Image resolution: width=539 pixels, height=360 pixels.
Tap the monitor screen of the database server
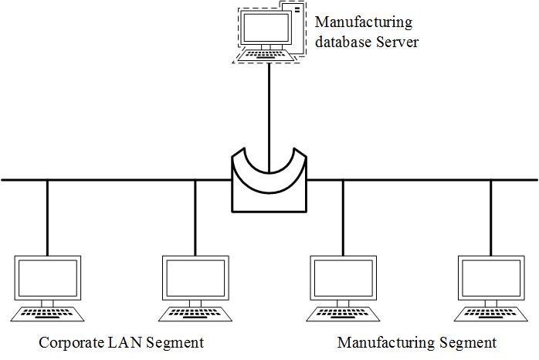point(265,29)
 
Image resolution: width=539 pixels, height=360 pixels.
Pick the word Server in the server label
point(398,42)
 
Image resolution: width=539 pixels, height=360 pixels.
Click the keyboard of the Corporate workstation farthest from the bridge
point(47,314)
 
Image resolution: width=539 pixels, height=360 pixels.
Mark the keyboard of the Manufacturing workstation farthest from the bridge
point(490,314)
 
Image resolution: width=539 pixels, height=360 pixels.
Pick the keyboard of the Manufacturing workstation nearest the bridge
point(343,314)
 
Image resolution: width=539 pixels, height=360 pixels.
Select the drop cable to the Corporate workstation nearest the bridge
point(195,218)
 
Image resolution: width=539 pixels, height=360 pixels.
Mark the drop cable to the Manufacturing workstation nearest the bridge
point(343,218)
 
